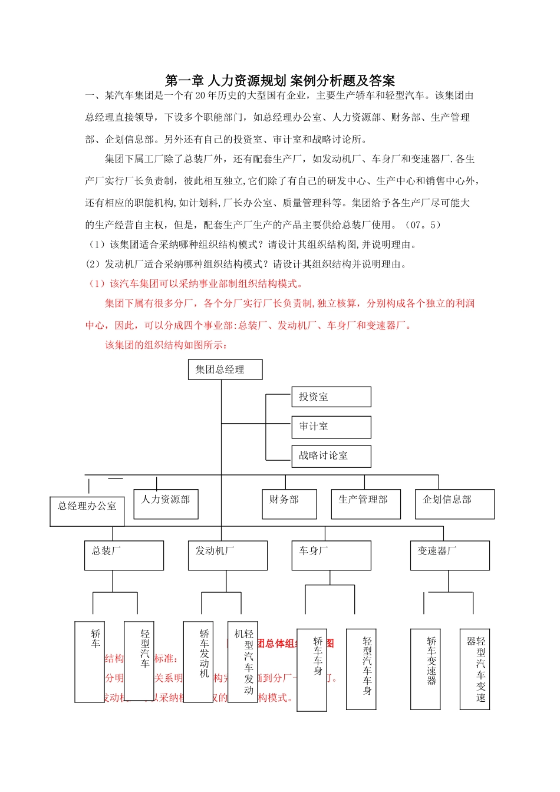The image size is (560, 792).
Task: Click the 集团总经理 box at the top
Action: pos(225,369)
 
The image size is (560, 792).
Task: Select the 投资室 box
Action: pos(331,397)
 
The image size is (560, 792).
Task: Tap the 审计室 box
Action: pos(331,427)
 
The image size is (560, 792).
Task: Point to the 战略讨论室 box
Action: pos(331,456)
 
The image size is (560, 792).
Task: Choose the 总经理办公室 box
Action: pos(87,510)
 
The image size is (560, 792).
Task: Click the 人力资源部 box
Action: pos(166,504)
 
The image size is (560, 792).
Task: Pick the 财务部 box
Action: pos(289,504)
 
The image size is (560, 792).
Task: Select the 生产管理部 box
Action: pos(365,504)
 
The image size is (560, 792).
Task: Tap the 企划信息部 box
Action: pos(454,504)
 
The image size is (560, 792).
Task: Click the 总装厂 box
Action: pos(124,555)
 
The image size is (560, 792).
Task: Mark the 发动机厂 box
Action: pos(228,555)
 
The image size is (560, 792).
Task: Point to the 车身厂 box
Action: pos(331,555)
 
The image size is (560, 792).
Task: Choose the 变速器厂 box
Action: pos(449,555)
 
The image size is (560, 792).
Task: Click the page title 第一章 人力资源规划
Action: pos(226,81)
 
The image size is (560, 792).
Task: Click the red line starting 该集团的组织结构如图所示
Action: pos(166,345)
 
